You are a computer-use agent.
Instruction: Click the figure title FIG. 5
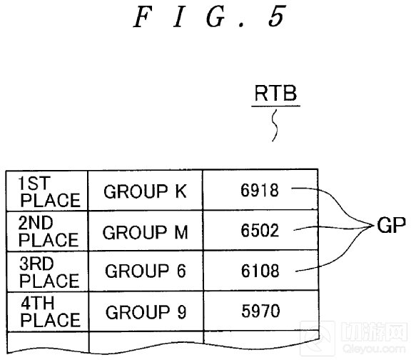coord(209,17)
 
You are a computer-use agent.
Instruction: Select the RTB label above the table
coord(275,93)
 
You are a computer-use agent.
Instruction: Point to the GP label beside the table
coord(391,225)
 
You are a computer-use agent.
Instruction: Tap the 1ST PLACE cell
coord(47,191)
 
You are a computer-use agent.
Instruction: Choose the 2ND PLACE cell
coord(47,231)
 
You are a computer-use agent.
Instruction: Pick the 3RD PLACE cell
coord(47,271)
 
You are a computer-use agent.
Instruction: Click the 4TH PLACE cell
coord(48,311)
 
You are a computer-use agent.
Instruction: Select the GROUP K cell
coord(146,191)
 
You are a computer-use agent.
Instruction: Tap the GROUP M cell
coord(146,231)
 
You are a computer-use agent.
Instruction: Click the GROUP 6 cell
coord(146,271)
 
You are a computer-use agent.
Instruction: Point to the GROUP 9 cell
coord(146,311)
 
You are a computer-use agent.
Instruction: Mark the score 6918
coord(260,190)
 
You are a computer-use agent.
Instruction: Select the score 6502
coord(260,231)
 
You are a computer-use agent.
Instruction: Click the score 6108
coord(260,271)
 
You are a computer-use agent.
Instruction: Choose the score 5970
coord(260,311)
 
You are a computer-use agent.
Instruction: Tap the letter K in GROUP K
coord(181,191)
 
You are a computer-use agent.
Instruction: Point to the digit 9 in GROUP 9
coord(181,311)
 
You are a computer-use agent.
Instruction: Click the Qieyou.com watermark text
coord(373,349)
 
